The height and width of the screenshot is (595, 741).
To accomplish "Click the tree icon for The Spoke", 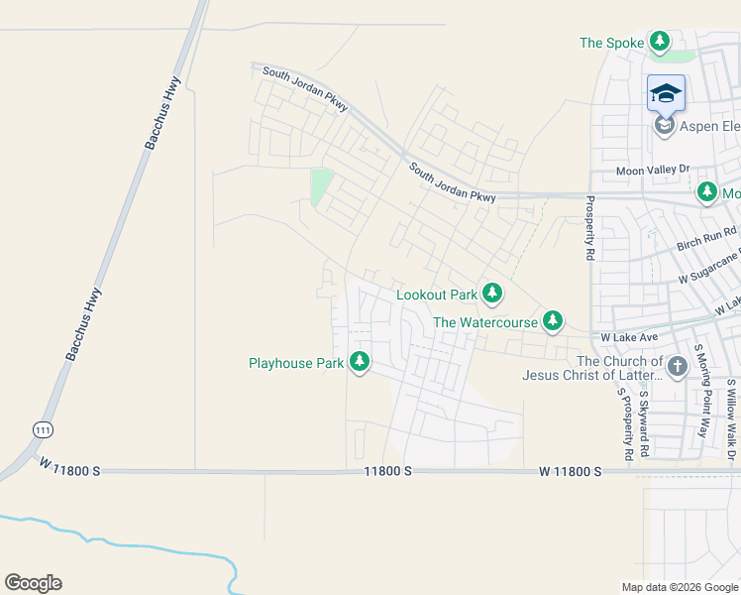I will click(660, 42).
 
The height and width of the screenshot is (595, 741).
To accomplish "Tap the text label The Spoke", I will click(611, 43).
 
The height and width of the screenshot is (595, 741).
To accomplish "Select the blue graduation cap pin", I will click(666, 93).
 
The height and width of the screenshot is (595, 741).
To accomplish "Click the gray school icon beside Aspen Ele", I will click(665, 125).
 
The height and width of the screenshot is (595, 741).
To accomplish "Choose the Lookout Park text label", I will click(437, 295).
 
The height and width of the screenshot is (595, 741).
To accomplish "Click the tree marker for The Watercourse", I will click(553, 321).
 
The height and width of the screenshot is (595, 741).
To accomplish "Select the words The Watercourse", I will click(485, 322).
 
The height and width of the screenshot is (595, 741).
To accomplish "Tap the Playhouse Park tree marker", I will click(360, 363).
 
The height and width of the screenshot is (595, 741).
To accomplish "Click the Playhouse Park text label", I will click(296, 364).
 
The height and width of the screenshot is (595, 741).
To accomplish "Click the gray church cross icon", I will click(677, 367).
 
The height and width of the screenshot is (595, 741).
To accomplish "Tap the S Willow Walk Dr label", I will click(732, 409).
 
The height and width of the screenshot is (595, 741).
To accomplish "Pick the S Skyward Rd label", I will click(645, 423).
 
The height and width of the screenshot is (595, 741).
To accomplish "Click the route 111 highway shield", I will click(41, 429).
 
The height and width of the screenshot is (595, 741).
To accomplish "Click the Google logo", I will click(33, 583).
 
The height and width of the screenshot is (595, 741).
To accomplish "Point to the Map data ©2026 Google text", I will click(679, 587).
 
